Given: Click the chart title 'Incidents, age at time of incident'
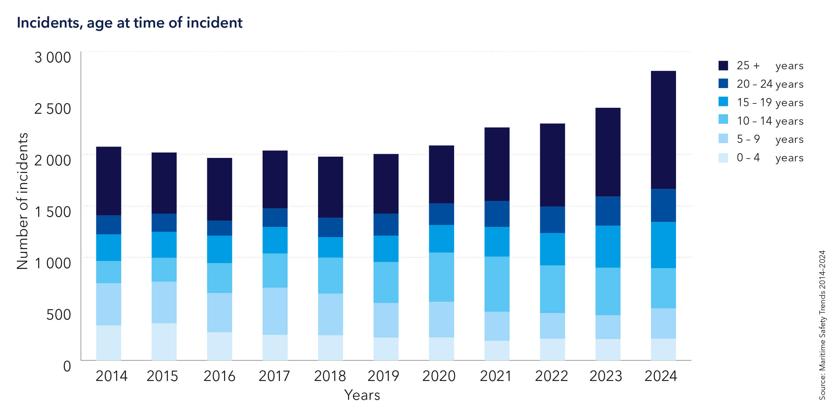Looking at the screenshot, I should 129,23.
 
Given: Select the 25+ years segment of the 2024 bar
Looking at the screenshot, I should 663,130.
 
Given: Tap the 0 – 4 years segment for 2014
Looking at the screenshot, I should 109,343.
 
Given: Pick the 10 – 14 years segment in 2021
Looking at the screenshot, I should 497,284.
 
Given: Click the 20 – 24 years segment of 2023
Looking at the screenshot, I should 608,211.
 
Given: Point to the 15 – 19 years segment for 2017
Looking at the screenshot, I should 275,240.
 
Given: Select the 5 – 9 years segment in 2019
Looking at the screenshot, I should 386,320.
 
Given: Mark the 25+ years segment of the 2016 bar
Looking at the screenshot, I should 219,189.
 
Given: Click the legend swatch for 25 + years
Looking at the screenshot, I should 723,65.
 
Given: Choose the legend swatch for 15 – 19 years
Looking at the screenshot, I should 723,102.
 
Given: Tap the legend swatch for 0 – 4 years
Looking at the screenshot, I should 723,158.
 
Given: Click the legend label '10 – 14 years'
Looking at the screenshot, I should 770,121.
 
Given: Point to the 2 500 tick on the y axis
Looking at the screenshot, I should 53,109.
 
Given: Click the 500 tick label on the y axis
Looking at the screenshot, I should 58,315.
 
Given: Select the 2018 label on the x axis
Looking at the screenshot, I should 330,376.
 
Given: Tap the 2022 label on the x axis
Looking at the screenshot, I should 551,376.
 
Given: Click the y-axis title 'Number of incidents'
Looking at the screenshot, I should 22,201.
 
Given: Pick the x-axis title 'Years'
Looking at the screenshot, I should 362,395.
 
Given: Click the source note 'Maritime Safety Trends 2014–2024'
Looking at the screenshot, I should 822,325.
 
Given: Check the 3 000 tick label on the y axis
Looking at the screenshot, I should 53,58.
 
